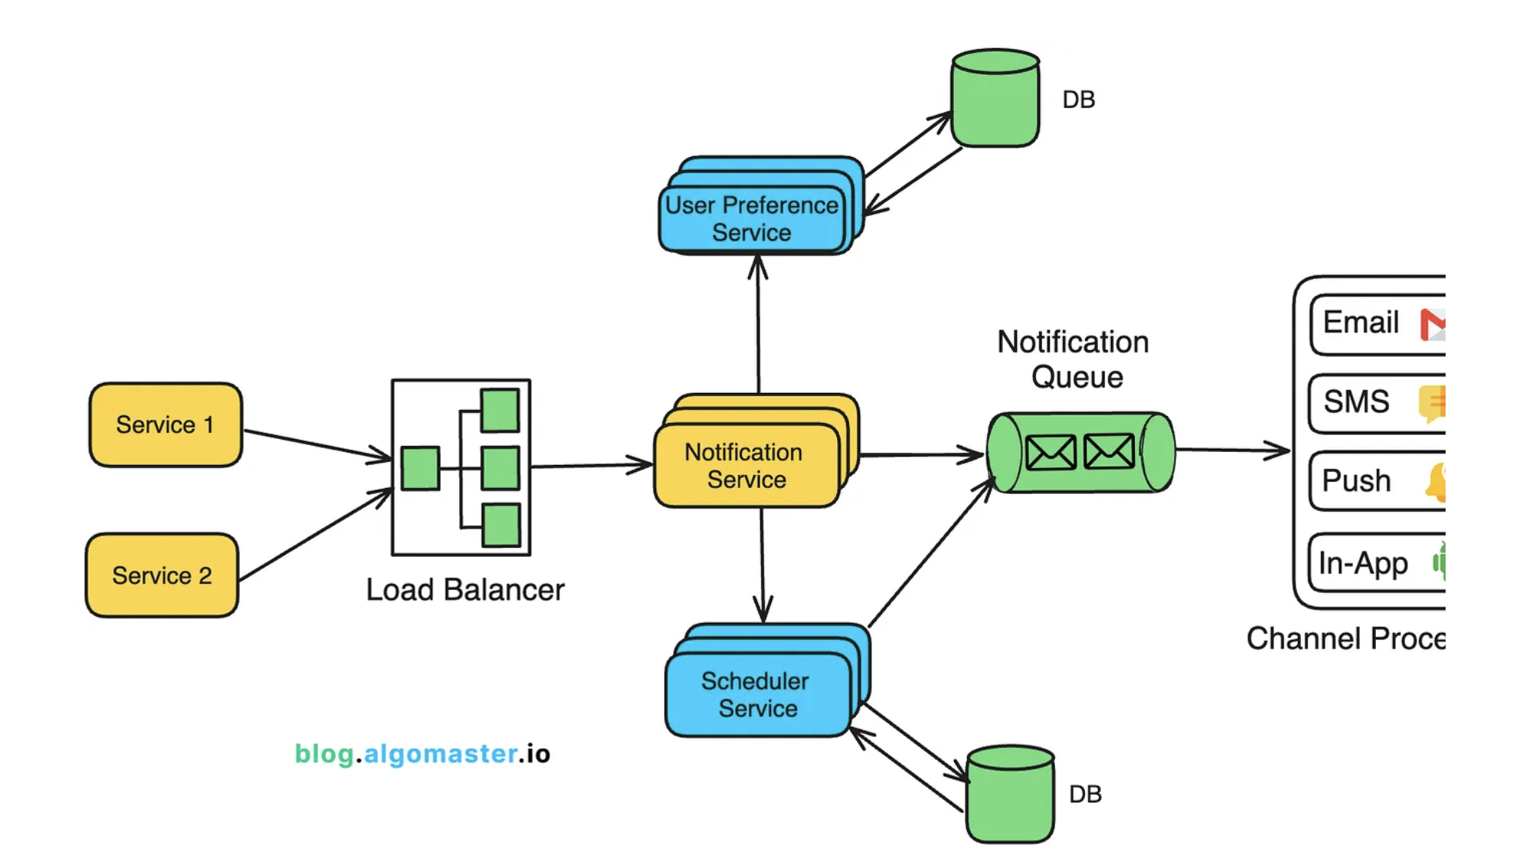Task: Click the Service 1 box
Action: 165,424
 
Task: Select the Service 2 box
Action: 162,575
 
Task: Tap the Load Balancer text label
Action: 465,590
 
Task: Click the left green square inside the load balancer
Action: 420,468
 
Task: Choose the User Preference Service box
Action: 752,218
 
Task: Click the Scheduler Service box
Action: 757,694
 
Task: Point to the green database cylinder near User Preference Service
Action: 995,99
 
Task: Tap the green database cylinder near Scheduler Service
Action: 1010,794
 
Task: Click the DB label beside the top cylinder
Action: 1078,100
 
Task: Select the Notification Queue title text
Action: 1073,359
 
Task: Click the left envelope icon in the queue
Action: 1050,452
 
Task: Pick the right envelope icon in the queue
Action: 1109,451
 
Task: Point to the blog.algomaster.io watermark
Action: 423,754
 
